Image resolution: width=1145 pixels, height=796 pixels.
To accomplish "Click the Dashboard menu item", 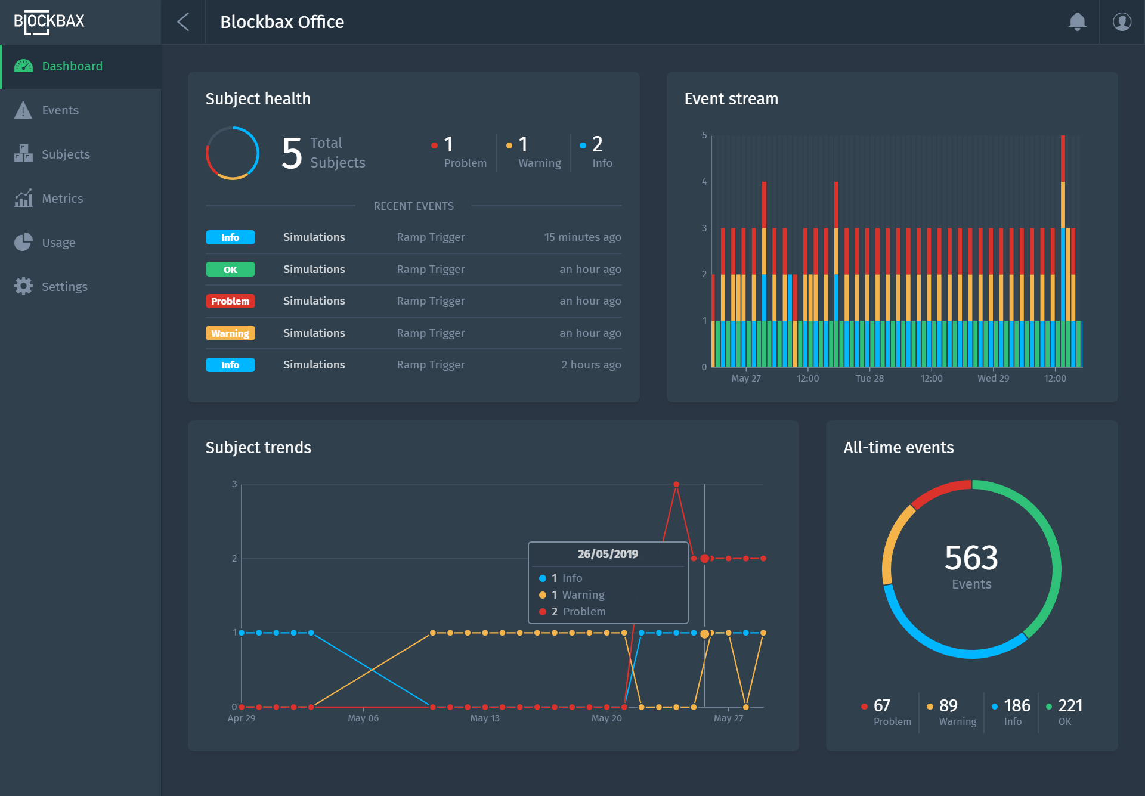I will (x=72, y=66).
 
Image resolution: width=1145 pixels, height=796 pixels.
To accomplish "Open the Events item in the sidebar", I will (x=60, y=110).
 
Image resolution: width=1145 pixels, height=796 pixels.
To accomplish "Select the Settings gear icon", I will (x=23, y=286).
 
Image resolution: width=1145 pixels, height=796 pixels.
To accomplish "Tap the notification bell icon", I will (x=1076, y=22).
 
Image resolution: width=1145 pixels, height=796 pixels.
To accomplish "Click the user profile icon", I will (x=1122, y=22).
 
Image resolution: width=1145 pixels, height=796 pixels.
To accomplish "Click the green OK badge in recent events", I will (x=230, y=270).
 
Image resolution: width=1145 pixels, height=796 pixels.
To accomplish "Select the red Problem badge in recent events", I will (x=230, y=301).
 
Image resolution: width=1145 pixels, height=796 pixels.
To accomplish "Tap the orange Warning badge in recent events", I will (x=230, y=333).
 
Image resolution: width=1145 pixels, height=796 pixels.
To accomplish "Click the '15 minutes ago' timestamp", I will (x=582, y=237).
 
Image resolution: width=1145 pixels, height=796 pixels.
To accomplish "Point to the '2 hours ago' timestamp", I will (x=590, y=365).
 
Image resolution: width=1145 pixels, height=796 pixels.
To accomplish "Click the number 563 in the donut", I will (x=971, y=558).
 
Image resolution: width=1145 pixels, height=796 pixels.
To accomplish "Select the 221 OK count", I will (x=1069, y=706).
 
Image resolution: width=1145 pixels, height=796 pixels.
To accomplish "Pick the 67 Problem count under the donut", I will (x=881, y=706).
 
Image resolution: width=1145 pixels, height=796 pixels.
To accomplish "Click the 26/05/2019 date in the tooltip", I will (x=607, y=554).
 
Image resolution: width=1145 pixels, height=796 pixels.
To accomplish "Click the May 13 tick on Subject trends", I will (x=484, y=718).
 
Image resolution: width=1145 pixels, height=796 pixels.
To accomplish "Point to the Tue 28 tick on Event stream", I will (x=869, y=379).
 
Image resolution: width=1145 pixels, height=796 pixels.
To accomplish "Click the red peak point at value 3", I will (x=676, y=484).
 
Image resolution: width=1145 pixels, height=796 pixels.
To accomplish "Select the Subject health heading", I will (x=258, y=99).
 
